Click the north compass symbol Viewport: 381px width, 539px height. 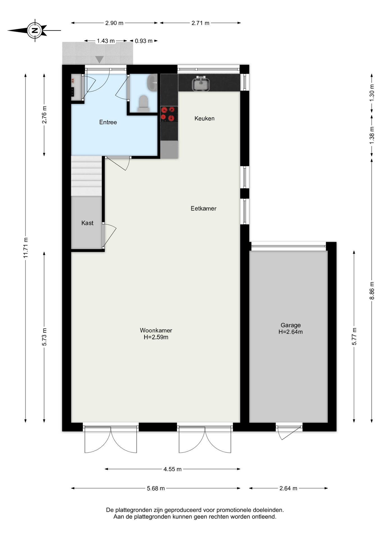(x=35, y=30)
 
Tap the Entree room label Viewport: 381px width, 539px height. (x=108, y=122)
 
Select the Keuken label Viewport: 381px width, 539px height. (x=205, y=118)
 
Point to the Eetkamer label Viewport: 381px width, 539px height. (x=203, y=208)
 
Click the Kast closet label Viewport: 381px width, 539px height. (x=87, y=223)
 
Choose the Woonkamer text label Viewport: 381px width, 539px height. (x=156, y=330)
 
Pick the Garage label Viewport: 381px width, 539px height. (x=291, y=325)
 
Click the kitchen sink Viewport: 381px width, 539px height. (x=201, y=84)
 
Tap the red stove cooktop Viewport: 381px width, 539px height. (x=169, y=114)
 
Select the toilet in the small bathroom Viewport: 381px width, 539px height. (x=143, y=104)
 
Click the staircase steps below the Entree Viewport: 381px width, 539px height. (x=86, y=176)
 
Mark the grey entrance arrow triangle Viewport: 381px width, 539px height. (x=99, y=60)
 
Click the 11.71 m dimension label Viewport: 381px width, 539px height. (x=26, y=248)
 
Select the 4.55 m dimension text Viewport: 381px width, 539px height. (x=173, y=469)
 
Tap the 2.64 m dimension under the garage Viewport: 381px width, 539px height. (x=288, y=488)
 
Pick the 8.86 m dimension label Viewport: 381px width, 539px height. (x=372, y=291)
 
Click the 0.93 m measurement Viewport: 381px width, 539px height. (x=143, y=41)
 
